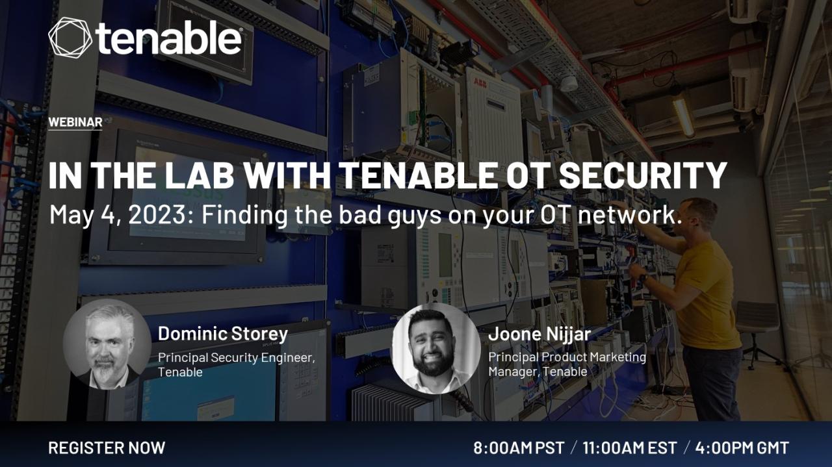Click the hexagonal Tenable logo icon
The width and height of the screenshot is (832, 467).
70,38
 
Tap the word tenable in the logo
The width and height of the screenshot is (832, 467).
169,37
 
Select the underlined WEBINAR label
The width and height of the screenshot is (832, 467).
75,122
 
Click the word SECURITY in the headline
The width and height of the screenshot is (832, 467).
643,175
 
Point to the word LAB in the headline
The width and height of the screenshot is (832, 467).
200,175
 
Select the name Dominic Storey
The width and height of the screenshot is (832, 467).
223,333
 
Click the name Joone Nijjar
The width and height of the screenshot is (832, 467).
539,334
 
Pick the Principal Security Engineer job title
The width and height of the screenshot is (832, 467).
236,357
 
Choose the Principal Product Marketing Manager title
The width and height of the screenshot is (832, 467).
567,364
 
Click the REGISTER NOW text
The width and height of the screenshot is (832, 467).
107,448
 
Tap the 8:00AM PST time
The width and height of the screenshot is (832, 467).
519,448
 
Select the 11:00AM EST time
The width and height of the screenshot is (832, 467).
630,448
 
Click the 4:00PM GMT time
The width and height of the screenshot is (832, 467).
742,448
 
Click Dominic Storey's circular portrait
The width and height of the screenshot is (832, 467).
107,344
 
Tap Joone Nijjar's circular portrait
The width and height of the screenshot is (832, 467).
436,349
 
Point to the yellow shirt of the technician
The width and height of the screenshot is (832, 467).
708,294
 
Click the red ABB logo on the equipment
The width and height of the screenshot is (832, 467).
480,84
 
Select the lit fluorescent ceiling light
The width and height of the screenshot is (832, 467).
682,115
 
